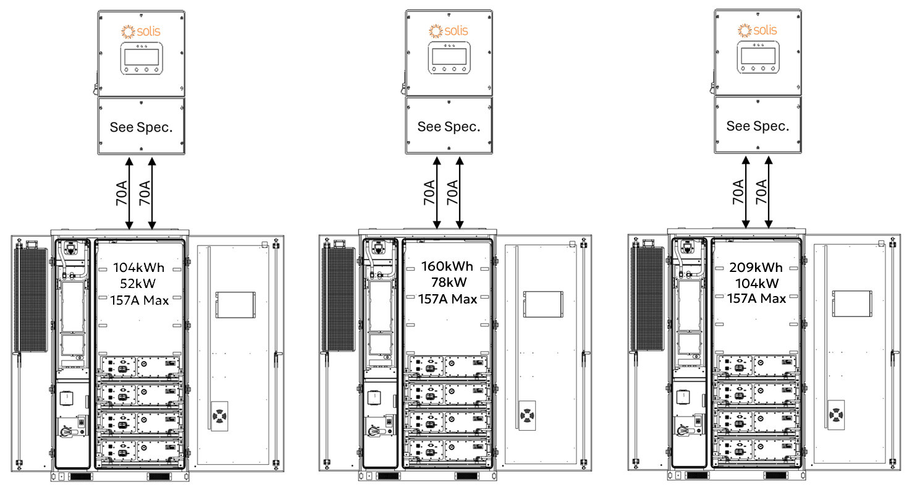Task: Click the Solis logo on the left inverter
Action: click(x=141, y=31)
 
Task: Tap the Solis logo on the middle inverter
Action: click(x=449, y=30)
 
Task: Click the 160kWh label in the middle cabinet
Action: click(x=447, y=267)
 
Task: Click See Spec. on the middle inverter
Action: click(x=449, y=127)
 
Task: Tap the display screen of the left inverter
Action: click(x=141, y=57)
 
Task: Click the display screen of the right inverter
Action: click(x=758, y=57)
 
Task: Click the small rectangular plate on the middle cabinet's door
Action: click(x=541, y=303)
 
